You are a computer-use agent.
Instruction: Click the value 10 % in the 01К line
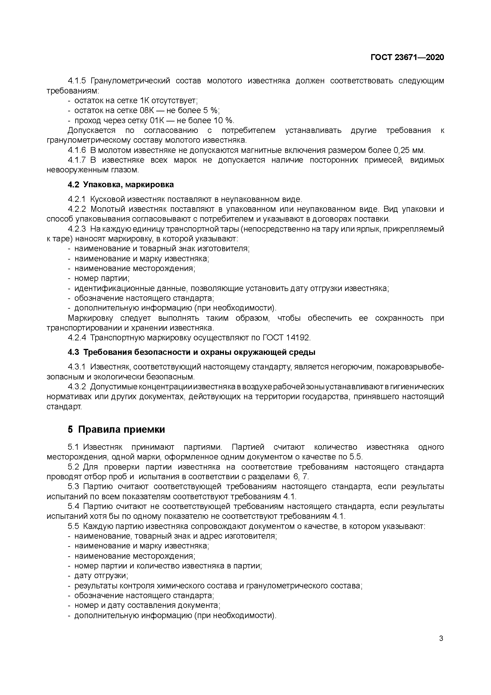(x=224, y=120)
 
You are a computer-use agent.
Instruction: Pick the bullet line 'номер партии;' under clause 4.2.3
(x=102, y=278)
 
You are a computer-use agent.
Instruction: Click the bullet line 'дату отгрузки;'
(x=101, y=575)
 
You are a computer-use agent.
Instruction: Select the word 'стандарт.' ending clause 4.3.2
(x=64, y=407)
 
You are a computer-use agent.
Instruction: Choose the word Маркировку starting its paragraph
(x=90, y=318)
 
